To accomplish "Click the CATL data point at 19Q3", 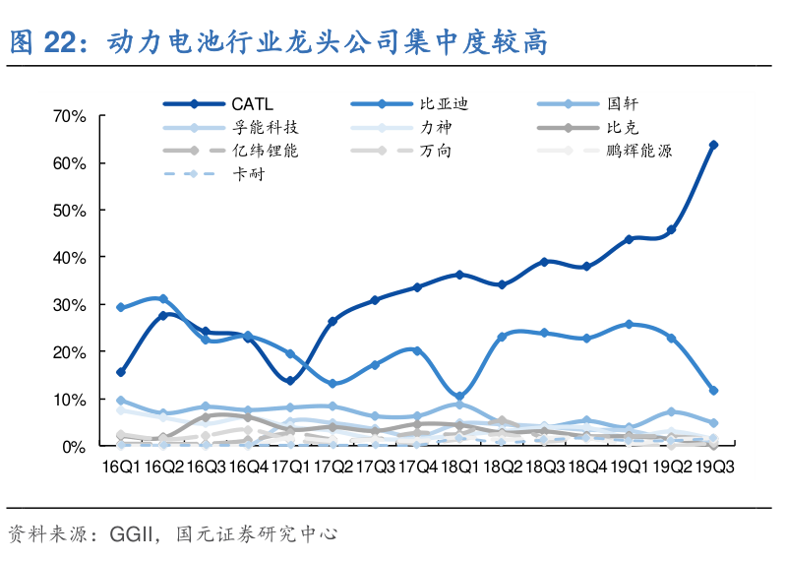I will pos(713,145).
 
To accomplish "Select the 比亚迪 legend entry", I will pos(437,102).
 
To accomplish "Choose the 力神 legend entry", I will pos(437,127).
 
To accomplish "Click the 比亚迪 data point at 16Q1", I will pos(121,307).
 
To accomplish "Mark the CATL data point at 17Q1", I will pos(290,381).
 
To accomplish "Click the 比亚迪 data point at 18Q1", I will pos(459,396).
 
